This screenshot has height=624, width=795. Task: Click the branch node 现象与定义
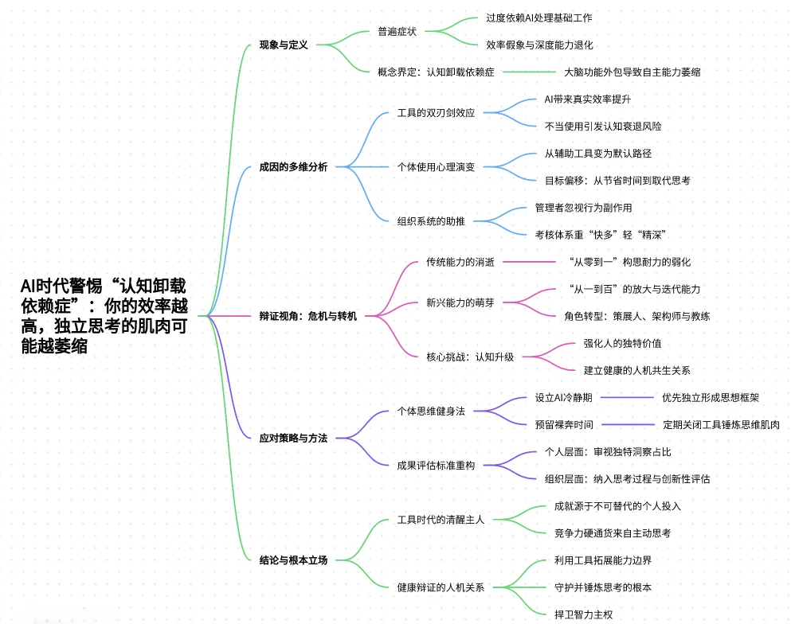click(284, 45)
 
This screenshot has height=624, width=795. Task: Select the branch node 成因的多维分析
click(293, 167)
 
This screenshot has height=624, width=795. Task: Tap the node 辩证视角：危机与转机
click(308, 316)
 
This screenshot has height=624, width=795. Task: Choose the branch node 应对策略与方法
click(293, 438)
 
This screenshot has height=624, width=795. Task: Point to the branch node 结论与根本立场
click(293, 560)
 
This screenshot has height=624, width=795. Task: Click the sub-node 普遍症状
click(397, 32)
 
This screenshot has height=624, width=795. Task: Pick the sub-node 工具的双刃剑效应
click(436, 113)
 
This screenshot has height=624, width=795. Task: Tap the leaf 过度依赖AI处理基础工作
click(539, 18)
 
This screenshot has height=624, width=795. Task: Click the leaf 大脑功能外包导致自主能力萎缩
click(632, 72)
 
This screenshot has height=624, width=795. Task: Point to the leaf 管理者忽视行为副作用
click(583, 207)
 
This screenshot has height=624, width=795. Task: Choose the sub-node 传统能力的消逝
click(460, 262)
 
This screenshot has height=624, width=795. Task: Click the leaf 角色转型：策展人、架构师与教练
click(636, 316)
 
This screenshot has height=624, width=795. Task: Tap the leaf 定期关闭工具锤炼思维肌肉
click(721, 424)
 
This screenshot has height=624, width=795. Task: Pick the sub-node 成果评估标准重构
click(436, 465)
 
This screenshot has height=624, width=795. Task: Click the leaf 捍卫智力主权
click(583, 614)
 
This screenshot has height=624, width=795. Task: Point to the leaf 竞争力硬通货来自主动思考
click(613, 532)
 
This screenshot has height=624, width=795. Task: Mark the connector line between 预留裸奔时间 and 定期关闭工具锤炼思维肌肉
click(627, 424)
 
